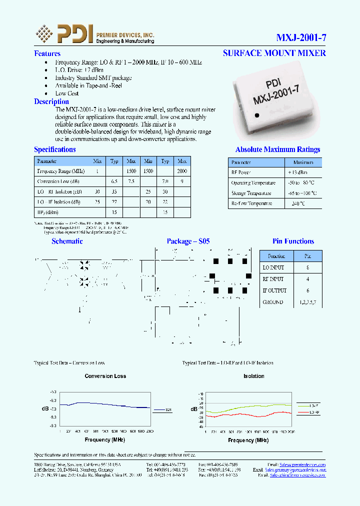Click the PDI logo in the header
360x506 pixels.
tap(64, 33)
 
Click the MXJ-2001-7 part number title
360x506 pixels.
tap(301, 37)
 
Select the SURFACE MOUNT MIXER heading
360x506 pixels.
tap(274, 53)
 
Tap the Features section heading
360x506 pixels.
tap(47, 53)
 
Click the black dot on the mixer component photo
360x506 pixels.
tap(257, 115)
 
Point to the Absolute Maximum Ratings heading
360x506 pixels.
tap(277, 149)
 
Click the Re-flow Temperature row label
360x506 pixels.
tap(251, 203)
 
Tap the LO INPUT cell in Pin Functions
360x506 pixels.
tap(273, 267)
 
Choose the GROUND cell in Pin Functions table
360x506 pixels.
tap(272, 302)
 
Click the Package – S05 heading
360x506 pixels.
tap(188, 241)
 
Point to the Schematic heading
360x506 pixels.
tap(67, 241)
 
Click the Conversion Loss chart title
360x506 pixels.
tap(105, 376)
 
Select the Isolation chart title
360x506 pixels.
tap(253, 376)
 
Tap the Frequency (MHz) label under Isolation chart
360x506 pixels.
tap(248, 440)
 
